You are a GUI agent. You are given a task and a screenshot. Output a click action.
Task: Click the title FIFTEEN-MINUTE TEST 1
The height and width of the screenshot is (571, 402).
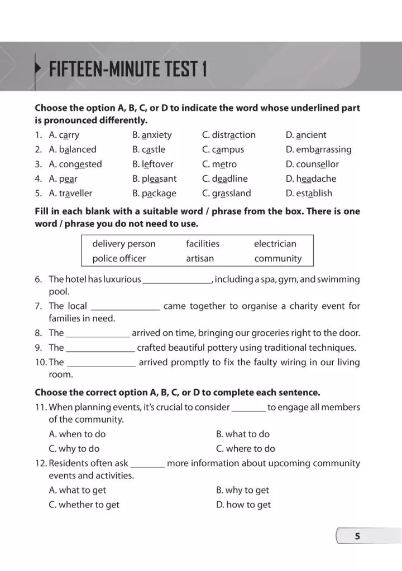pyautogui.click(x=128, y=70)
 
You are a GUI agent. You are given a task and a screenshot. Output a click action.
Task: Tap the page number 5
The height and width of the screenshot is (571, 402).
pyautogui.click(x=357, y=536)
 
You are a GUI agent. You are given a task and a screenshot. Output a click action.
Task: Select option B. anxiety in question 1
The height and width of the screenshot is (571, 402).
pyautogui.click(x=152, y=135)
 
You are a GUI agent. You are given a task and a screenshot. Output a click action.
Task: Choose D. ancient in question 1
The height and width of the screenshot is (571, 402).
pyautogui.click(x=306, y=135)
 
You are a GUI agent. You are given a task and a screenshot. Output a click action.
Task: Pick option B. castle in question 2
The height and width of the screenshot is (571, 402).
pyautogui.click(x=149, y=149)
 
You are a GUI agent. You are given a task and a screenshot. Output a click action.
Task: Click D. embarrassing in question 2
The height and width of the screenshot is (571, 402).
pyautogui.click(x=318, y=149)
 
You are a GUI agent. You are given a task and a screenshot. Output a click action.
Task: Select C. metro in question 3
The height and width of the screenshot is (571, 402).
pyautogui.click(x=219, y=164)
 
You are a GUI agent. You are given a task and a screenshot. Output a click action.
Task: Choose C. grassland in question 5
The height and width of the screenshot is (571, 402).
pyautogui.click(x=227, y=193)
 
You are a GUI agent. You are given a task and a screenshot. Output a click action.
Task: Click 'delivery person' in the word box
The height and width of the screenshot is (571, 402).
pyautogui.click(x=124, y=244)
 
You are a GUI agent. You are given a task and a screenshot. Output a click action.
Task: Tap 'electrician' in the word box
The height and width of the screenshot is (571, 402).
pyautogui.click(x=275, y=244)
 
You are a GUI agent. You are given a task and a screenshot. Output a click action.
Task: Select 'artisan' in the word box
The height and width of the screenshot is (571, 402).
pyautogui.click(x=200, y=258)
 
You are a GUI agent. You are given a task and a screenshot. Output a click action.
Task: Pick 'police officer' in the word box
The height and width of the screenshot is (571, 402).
pyautogui.click(x=119, y=258)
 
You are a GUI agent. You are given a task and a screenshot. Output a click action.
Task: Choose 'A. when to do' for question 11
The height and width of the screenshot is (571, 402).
pyautogui.click(x=77, y=434)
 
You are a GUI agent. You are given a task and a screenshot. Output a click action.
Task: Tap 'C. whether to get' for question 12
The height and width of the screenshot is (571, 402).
pyautogui.click(x=84, y=505)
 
